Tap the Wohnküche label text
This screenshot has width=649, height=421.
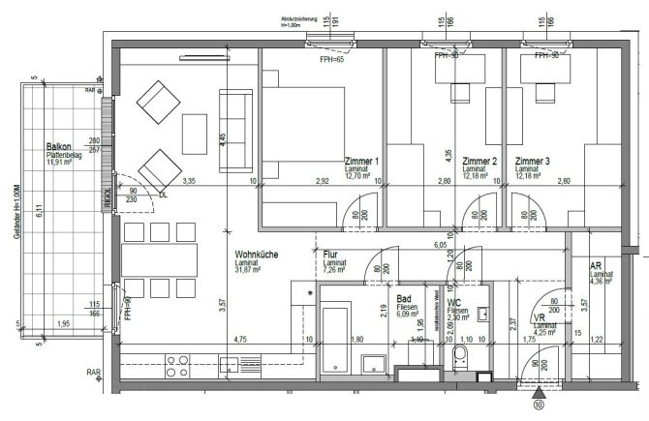(x=257, y=256)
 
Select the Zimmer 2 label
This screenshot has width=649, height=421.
(x=479, y=161)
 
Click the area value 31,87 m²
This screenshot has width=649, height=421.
(x=255, y=272)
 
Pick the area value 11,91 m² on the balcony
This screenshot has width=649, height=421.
(x=65, y=165)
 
